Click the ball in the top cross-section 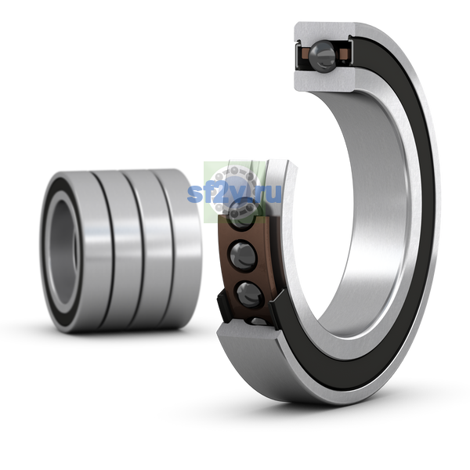coord(322,56)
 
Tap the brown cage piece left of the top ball coord(306,54)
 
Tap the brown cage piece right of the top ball coord(344,54)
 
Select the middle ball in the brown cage coord(243,255)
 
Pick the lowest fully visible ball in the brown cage coord(250,295)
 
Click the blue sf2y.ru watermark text coord(234,193)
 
